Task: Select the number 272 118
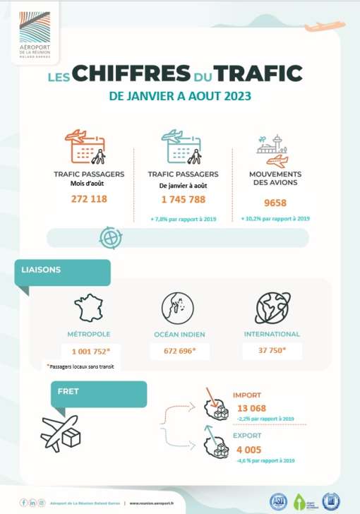(x=89, y=199)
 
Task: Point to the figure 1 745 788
(x=183, y=200)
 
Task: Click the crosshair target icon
(x=112, y=237)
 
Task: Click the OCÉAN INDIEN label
(x=182, y=334)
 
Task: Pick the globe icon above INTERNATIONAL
(x=272, y=309)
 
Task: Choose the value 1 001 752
(x=90, y=350)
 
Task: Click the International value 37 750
(x=272, y=350)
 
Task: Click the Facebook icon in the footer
(x=23, y=502)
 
